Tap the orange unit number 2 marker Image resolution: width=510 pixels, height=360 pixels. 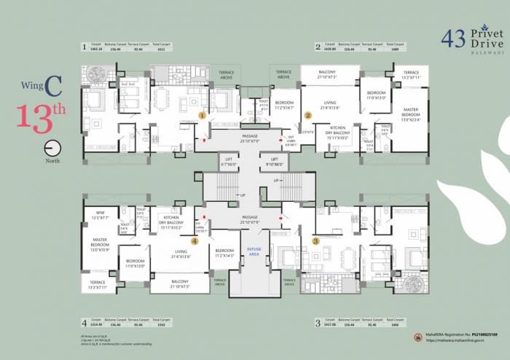tap(307, 115)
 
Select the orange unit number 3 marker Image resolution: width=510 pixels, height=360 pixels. tap(315, 240)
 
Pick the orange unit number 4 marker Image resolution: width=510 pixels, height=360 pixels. tap(195, 240)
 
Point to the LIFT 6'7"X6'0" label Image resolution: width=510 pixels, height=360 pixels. tap(228, 162)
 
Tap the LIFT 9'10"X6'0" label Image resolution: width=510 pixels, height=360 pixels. tap(275, 162)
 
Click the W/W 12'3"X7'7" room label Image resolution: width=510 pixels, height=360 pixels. tap(100, 216)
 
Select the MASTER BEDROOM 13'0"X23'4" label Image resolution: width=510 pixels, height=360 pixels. tap(411, 114)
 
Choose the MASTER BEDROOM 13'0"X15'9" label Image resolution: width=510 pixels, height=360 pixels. tap(100, 243)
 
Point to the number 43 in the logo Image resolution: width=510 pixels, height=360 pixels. tap(454, 39)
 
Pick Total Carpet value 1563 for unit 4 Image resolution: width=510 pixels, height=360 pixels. tap(161, 324)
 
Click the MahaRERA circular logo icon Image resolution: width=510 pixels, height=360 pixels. tap(418, 337)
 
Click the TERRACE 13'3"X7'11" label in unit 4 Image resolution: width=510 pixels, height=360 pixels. tap(98, 285)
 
